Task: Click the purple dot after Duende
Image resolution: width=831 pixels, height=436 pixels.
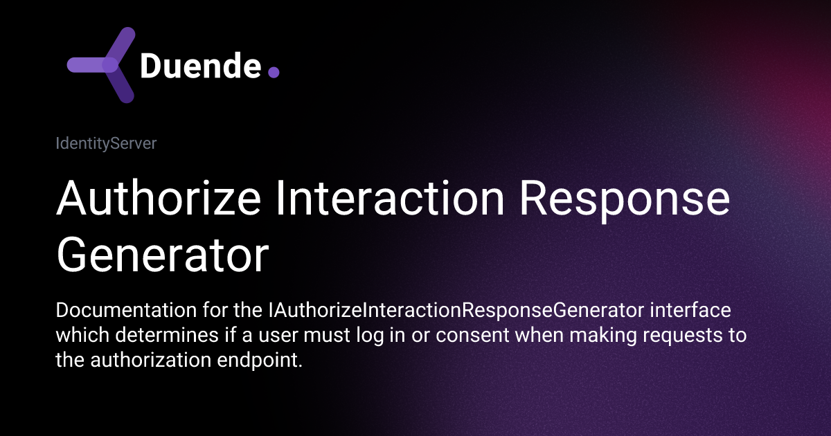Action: [x=273, y=72]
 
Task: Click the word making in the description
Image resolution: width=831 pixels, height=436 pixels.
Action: [x=595, y=336]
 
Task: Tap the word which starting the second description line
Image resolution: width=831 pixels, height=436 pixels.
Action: [x=77, y=336]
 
